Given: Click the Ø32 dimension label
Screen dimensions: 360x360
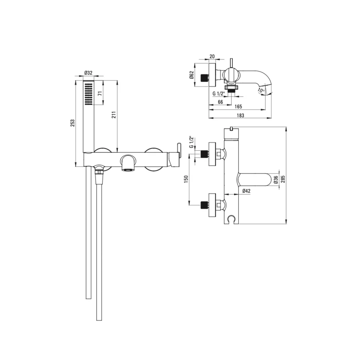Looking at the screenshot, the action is (89, 73).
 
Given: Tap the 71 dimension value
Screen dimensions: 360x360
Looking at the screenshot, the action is (100, 93).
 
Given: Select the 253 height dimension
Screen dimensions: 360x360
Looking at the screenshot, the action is (72, 123).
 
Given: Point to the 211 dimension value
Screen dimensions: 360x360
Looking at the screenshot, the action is (114, 115).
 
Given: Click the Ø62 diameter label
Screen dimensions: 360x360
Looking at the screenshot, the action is (192, 75).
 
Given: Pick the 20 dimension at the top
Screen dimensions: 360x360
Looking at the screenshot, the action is (212, 56).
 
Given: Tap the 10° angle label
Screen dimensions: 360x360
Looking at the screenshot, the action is (261, 90).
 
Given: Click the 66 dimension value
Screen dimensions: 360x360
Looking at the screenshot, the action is (220, 102).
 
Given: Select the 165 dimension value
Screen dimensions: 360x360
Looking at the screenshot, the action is (238, 107).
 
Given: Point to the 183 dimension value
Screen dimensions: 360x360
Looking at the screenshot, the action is (240, 115).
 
